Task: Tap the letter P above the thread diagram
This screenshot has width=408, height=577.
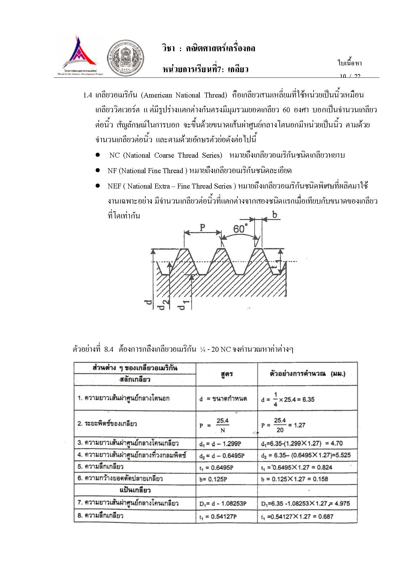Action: click(202, 228)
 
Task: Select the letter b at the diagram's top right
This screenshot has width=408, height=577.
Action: click(274, 214)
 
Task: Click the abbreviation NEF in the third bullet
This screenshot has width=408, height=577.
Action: click(114, 186)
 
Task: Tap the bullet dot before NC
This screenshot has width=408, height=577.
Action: click(98, 155)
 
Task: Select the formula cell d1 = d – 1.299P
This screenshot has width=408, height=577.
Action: click(220, 444)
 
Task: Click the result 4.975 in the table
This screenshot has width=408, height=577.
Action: click(342, 504)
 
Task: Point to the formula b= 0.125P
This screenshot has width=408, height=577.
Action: click(213, 479)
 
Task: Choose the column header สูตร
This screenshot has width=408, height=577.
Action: click(227, 374)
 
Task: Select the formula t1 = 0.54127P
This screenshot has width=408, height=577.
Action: click(218, 517)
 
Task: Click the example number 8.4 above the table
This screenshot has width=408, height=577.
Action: click(109, 349)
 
